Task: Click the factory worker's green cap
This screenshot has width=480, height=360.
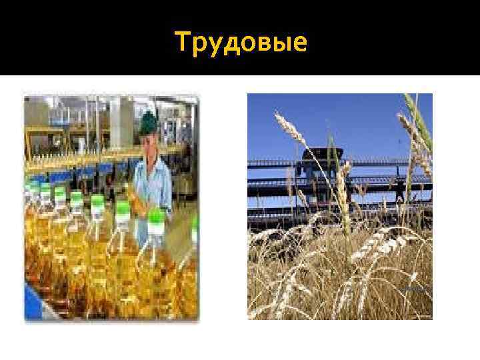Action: click(148, 122)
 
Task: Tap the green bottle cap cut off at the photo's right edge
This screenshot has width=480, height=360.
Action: click(195, 229)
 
